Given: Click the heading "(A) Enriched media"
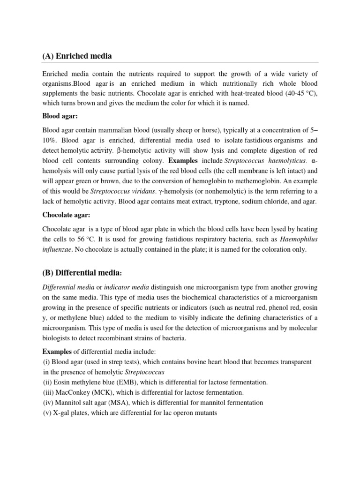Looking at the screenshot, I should [x=77, y=56].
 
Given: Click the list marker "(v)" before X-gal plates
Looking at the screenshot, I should [x=47, y=413].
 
